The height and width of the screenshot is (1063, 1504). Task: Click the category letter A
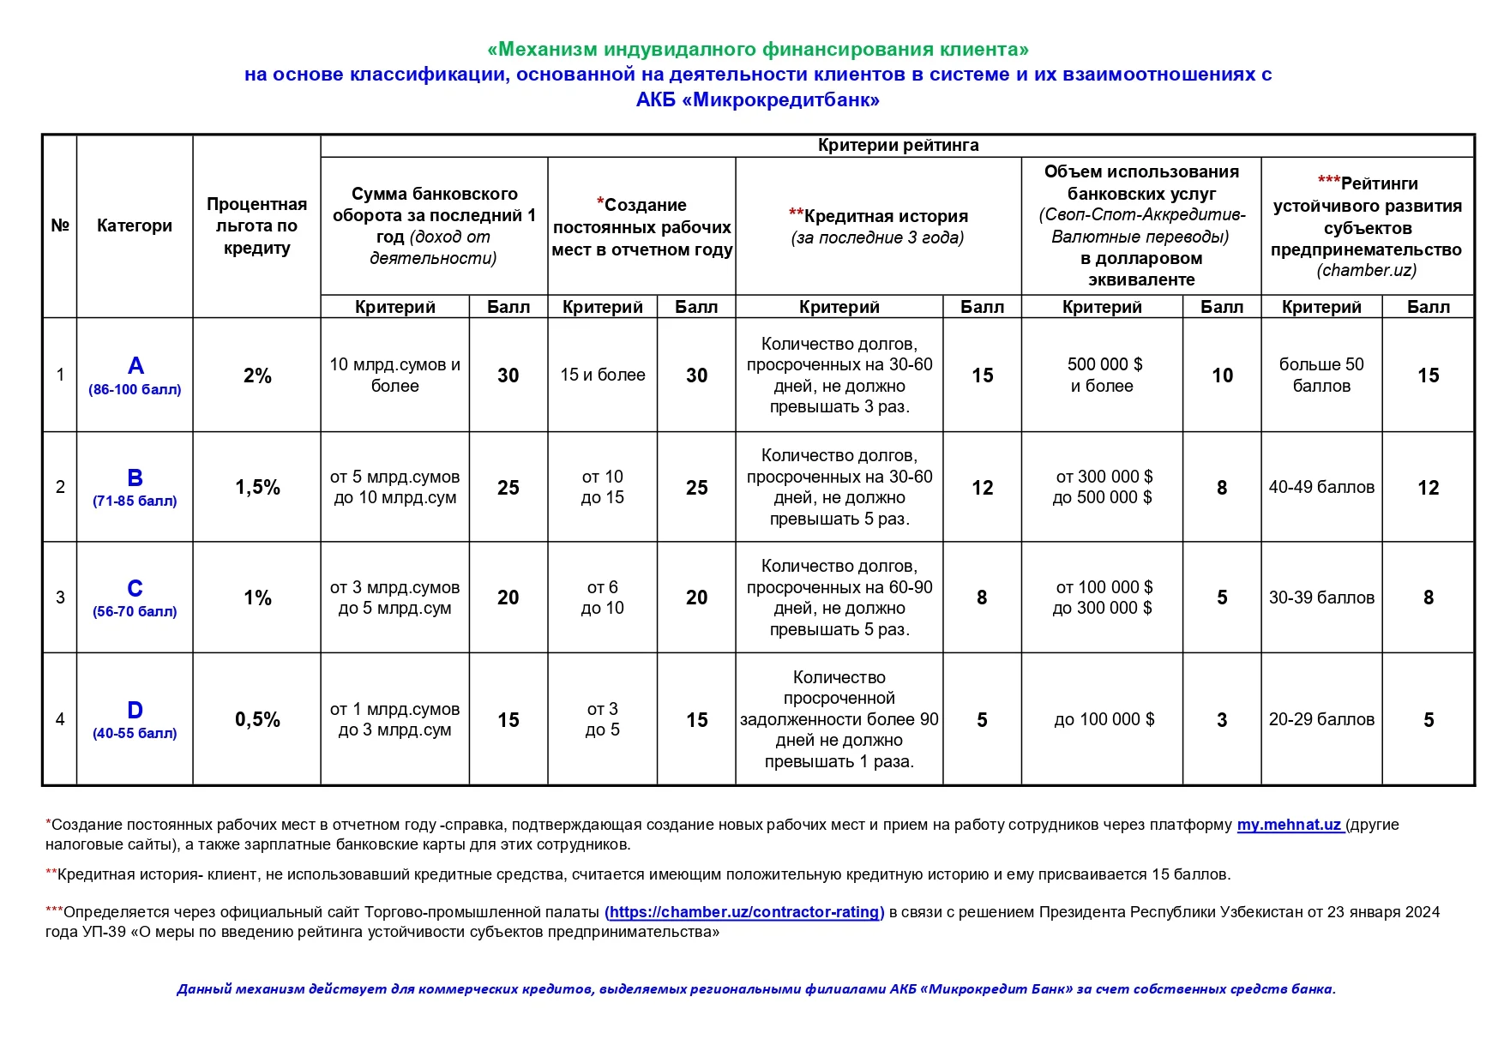pos(135,366)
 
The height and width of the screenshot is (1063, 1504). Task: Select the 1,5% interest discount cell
pos(257,488)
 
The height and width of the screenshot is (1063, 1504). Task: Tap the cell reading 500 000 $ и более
pos(1103,375)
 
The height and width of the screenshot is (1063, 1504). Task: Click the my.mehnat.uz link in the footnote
pos(1289,825)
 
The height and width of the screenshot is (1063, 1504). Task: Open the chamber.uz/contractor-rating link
pos(744,912)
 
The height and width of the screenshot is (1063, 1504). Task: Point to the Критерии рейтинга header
pos(898,146)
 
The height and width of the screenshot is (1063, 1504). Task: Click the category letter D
pos(135,710)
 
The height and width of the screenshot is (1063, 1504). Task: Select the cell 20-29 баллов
pos(1321,719)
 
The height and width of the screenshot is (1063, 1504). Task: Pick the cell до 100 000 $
pos(1104,719)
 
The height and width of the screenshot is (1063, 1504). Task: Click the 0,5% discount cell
pos(257,720)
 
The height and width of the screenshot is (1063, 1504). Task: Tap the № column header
pos(60,225)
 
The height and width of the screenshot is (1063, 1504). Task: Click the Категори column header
pos(135,225)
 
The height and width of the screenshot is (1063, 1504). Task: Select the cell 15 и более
pos(603,375)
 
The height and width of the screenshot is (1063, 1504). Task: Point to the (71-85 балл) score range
pos(135,501)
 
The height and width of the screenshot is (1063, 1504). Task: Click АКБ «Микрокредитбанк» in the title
pos(758,100)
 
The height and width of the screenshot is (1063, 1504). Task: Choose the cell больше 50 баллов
pos(1321,375)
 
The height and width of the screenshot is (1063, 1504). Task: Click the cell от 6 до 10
pos(603,598)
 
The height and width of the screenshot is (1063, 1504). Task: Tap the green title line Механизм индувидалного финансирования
pos(758,49)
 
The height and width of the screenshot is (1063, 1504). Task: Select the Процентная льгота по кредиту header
pos(256,225)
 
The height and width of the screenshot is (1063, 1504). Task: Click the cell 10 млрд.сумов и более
pos(394,375)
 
